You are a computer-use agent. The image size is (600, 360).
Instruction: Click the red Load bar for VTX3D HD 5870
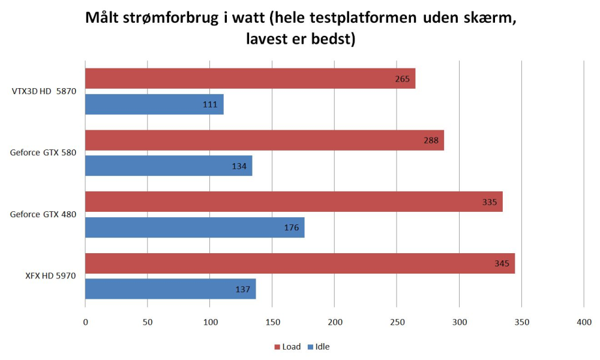(x=250, y=79)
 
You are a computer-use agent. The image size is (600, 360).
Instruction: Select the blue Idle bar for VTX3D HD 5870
(x=154, y=104)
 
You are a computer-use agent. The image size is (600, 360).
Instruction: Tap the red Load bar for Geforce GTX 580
(x=265, y=140)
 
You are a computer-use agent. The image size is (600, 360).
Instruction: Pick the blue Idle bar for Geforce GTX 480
(x=195, y=227)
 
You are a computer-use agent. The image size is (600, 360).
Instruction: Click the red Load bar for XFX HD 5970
(x=300, y=263)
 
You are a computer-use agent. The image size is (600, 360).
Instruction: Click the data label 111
(x=210, y=104)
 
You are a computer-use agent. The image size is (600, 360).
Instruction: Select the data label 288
(x=431, y=140)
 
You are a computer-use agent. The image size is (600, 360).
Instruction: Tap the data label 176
(x=291, y=227)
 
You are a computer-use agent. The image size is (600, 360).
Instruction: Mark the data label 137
(x=242, y=289)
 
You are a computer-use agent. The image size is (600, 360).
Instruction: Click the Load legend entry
(x=287, y=347)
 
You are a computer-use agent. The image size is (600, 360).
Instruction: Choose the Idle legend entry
(x=319, y=347)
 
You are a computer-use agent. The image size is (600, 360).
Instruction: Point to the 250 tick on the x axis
(x=397, y=322)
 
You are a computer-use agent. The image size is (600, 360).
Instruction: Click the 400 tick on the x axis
(x=584, y=322)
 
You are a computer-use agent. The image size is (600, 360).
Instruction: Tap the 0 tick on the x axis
(x=85, y=322)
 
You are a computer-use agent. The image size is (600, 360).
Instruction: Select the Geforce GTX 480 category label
(x=43, y=214)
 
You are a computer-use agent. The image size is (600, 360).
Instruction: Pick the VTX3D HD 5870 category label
(x=44, y=92)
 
